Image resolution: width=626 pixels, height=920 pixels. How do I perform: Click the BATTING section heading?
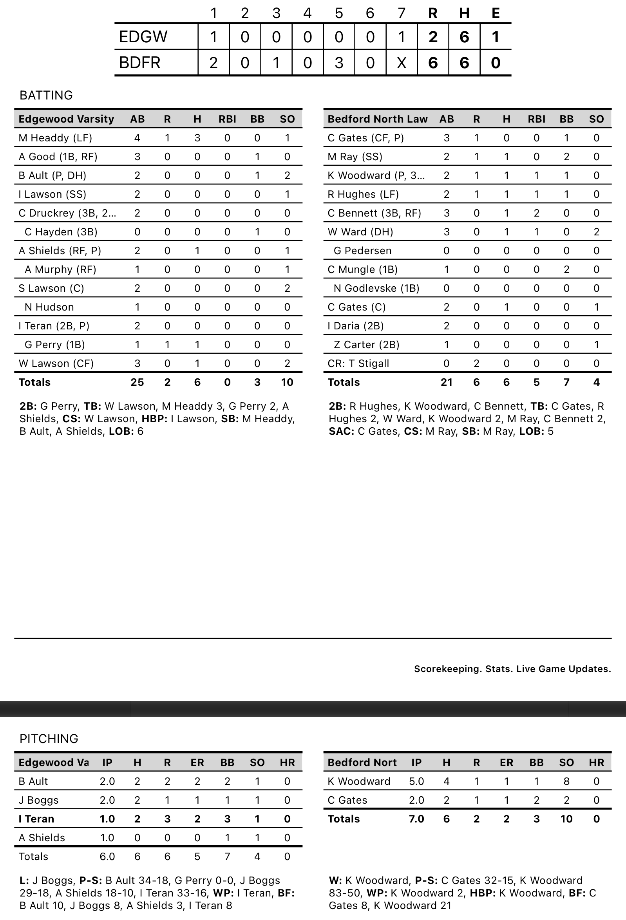46,96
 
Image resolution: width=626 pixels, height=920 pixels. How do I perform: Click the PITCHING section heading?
49,739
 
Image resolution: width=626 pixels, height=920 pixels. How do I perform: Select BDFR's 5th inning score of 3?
338,63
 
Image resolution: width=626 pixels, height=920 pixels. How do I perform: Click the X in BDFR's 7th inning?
401,63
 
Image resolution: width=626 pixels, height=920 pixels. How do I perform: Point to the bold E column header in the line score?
495,13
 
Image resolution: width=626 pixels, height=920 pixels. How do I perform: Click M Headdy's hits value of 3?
197,138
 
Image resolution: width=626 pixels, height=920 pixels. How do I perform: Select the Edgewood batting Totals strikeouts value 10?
287,382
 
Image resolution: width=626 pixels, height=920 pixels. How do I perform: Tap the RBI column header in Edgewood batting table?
227,119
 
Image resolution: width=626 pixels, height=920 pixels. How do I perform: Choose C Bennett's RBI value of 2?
537,213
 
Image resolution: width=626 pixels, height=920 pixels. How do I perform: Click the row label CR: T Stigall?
358,363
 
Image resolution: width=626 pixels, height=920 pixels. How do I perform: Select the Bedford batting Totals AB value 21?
446,382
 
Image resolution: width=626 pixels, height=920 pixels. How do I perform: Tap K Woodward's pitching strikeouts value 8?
566,781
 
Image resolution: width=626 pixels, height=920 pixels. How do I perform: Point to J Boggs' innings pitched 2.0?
107,800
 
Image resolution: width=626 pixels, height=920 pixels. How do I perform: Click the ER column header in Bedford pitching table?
507,763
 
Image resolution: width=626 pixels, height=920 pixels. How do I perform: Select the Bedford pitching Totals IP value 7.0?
416,819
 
